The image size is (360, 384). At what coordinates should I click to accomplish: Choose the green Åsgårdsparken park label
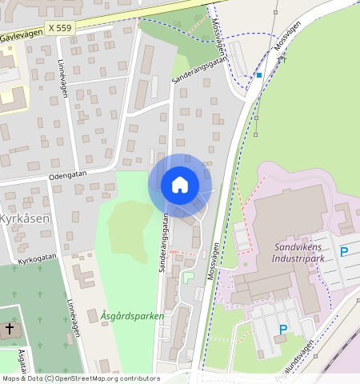pyautogui.click(x=133, y=316)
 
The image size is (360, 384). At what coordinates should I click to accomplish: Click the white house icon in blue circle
pyautogui.click(x=180, y=185)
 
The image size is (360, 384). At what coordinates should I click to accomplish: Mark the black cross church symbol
pyautogui.click(x=10, y=329)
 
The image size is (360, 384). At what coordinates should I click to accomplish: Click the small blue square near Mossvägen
pyautogui.click(x=258, y=75)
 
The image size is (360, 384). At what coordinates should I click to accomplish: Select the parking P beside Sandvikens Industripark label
pyautogui.click(x=344, y=252)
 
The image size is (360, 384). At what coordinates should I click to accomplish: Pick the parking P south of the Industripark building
pyautogui.click(x=282, y=329)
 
